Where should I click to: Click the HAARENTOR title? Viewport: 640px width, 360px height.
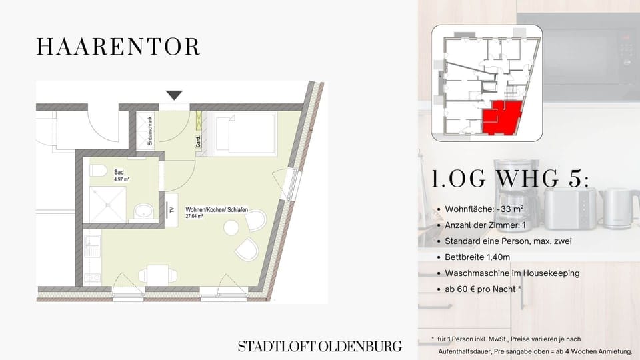[x=119, y=47]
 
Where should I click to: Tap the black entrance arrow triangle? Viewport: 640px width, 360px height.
[x=174, y=95]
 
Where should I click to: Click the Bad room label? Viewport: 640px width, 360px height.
[x=119, y=172]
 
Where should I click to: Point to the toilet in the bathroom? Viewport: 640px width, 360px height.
[x=98, y=171]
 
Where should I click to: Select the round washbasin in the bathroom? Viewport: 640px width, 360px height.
[x=144, y=211]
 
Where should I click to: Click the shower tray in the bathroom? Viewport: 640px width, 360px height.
[x=108, y=205]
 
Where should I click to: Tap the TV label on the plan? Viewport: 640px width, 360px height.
[x=172, y=210]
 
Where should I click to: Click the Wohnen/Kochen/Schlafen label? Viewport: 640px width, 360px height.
[x=217, y=209]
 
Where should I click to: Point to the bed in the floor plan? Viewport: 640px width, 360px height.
[x=245, y=134]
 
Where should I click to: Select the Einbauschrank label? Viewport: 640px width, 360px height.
[x=150, y=131]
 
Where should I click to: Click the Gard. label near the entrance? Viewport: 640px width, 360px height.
[x=199, y=141]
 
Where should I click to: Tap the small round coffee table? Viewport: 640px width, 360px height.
[x=231, y=227]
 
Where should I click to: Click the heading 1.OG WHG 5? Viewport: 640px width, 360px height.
[x=511, y=179]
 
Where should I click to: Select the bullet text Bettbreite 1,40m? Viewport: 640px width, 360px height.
[x=477, y=257]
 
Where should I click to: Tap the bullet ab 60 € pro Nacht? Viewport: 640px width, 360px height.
[x=483, y=289]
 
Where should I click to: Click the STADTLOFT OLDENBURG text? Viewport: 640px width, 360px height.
[x=319, y=347]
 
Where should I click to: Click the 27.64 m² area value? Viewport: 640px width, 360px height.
[x=194, y=216]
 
